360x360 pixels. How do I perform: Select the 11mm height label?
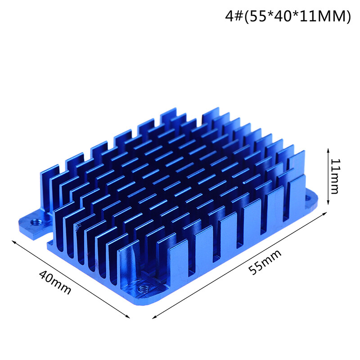[x=335, y=175]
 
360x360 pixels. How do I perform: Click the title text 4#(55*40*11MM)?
[x=288, y=17]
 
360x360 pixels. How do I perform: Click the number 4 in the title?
[x=229, y=17]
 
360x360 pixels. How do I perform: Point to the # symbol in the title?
[x=238, y=17]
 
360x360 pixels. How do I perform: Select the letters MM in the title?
[x=335, y=17]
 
